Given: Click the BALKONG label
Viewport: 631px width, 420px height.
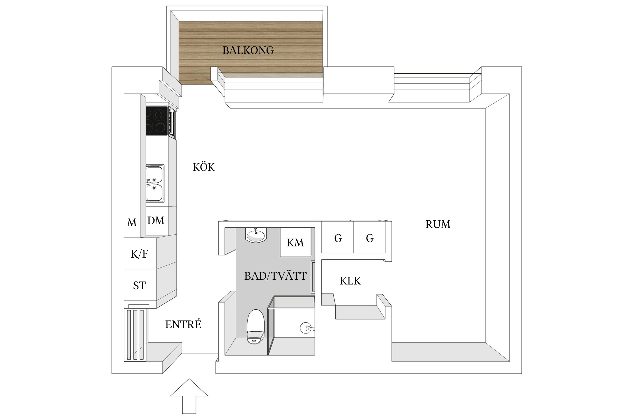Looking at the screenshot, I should click(248, 50).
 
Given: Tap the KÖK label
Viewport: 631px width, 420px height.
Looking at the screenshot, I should click(204, 167).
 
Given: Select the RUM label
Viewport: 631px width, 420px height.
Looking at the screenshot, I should click(438, 224).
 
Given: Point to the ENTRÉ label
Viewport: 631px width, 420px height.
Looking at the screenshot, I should click(183, 324).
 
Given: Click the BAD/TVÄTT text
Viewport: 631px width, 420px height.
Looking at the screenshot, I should click(275, 276).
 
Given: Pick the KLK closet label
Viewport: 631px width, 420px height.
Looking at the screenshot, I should click(350, 281).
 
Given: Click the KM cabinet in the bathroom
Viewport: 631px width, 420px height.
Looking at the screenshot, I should click(295, 242).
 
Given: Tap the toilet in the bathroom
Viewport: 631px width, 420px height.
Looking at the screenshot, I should click(255, 327).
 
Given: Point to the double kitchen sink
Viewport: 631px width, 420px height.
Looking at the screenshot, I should click(155, 184).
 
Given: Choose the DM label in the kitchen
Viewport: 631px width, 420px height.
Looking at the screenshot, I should click(156, 221).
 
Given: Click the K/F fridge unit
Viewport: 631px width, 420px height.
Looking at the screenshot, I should click(140, 254).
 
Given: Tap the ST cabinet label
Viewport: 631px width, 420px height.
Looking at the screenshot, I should click(139, 286).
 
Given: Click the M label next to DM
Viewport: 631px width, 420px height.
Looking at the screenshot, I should click(132, 223).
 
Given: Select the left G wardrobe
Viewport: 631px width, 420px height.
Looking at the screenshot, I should click(338, 238).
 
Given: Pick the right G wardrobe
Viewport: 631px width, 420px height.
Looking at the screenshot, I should click(370, 238).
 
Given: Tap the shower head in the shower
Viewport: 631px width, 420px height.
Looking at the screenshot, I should click(306, 328).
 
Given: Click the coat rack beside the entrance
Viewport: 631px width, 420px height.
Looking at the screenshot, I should click(135, 335).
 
